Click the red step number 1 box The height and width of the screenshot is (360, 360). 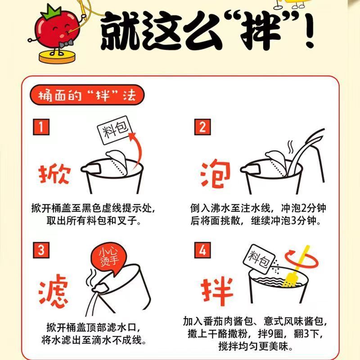tap(41, 127)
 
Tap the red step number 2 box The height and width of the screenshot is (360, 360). tap(202, 127)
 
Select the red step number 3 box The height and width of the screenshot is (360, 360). tap(41, 250)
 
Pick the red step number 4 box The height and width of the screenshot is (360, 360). tap(202, 250)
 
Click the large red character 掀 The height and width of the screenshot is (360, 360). tap(54, 174)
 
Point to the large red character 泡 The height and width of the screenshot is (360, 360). tap(216, 173)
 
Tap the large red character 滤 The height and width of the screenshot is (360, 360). tap(53, 291)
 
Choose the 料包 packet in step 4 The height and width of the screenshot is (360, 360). tap(259, 259)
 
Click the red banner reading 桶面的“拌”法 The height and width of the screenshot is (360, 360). tap(87, 95)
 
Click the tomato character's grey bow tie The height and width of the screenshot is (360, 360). tap(66, 43)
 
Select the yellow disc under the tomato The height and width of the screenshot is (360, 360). tap(57, 57)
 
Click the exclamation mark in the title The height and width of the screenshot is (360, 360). tap(308, 30)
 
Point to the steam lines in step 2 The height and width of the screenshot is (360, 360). tap(290, 147)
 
